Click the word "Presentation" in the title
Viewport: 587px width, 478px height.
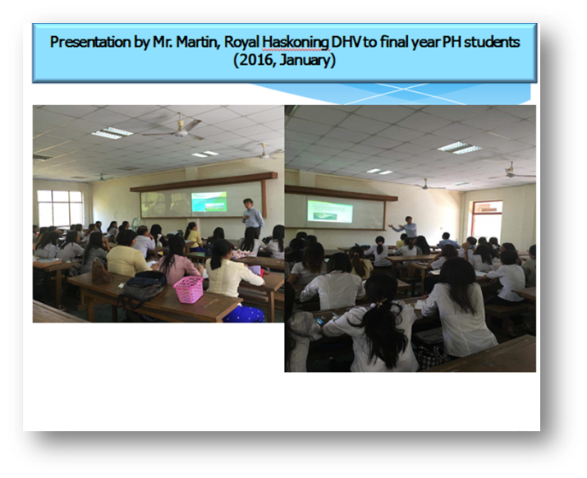click(90, 43)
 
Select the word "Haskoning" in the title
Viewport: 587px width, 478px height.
click(295, 43)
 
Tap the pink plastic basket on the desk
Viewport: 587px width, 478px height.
click(189, 289)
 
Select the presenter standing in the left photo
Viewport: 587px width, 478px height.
click(253, 218)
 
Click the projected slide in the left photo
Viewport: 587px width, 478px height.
click(209, 201)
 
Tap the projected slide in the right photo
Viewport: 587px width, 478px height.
click(329, 211)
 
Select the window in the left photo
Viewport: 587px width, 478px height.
click(60, 208)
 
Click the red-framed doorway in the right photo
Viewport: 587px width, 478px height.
click(487, 220)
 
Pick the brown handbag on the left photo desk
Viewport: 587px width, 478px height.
click(102, 272)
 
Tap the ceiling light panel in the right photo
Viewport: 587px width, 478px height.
click(459, 148)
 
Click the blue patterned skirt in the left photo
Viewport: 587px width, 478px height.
click(243, 314)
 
